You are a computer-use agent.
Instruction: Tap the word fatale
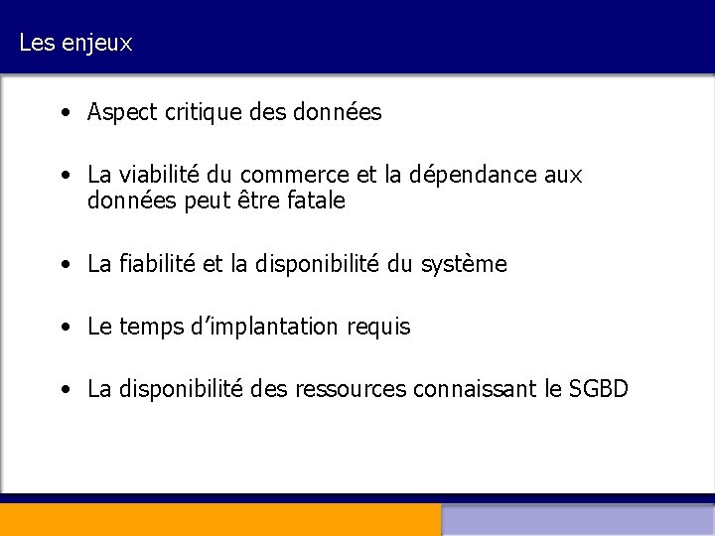point(314,201)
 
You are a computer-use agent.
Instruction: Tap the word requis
point(379,327)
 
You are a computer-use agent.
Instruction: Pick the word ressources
point(351,389)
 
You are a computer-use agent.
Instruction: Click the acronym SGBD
point(599,389)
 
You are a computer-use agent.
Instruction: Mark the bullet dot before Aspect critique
point(64,113)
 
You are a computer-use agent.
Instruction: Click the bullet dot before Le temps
point(64,327)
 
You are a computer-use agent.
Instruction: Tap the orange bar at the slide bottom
point(219,520)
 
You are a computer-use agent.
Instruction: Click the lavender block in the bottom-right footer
point(578,520)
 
